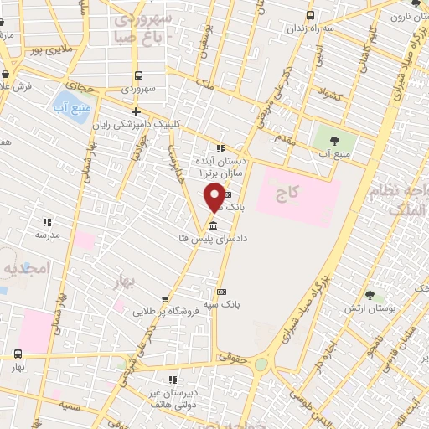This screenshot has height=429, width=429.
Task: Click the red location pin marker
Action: [214, 196]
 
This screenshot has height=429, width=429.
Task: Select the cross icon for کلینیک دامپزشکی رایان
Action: [137, 111]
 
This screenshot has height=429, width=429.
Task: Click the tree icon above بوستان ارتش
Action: [370, 295]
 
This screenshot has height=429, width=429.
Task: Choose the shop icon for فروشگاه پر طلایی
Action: [164, 299]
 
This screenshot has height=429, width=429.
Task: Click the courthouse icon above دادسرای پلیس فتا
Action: [213, 226]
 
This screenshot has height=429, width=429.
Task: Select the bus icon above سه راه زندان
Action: [311, 15]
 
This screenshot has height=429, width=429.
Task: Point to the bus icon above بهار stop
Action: [18, 354]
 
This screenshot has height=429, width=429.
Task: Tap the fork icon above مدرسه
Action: [47, 222]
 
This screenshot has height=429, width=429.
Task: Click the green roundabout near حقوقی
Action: [261, 364]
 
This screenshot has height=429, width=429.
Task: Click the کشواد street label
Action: [328, 96]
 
